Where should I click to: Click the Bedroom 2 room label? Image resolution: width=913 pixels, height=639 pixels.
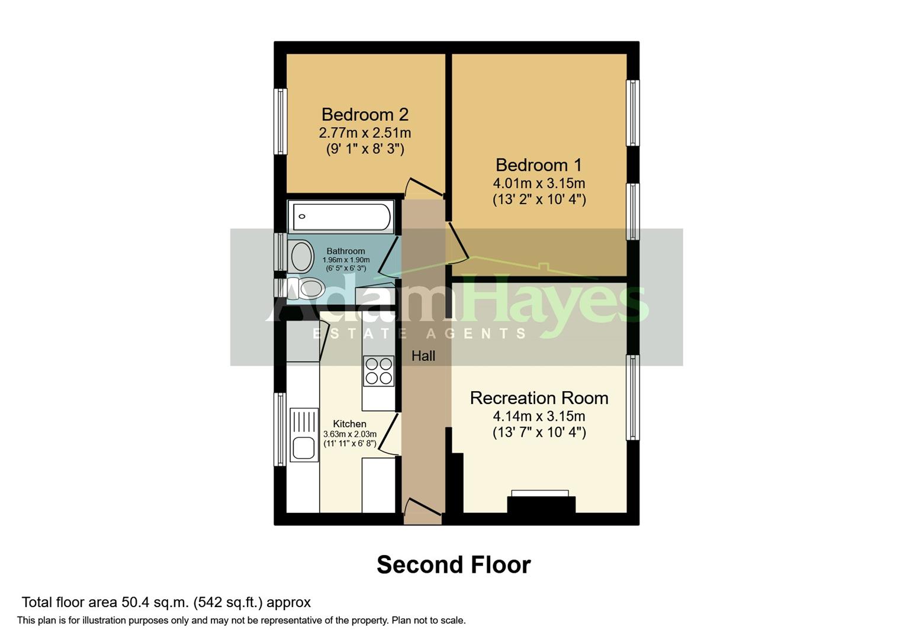click(x=365, y=114)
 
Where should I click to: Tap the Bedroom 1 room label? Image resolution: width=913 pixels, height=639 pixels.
click(x=539, y=164)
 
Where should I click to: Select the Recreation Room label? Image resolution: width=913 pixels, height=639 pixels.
click(x=539, y=398)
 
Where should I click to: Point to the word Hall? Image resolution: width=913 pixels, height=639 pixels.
click(x=423, y=356)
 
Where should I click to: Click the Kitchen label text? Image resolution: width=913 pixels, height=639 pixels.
click(x=349, y=424)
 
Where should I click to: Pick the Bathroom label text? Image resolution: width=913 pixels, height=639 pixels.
click(x=346, y=251)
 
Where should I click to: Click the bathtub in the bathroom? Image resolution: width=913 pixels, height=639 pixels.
click(x=340, y=217)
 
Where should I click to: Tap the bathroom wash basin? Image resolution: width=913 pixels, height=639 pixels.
click(x=301, y=256)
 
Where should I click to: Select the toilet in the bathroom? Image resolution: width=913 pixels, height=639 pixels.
click(x=307, y=289)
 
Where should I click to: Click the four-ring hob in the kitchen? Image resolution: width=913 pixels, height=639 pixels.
click(x=378, y=370)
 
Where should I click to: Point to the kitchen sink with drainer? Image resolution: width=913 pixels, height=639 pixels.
click(x=304, y=435)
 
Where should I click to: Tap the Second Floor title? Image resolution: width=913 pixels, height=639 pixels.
click(x=454, y=564)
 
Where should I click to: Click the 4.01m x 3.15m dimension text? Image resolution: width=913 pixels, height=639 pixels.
click(x=539, y=183)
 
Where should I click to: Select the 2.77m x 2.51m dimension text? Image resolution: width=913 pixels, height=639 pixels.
click(x=365, y=133)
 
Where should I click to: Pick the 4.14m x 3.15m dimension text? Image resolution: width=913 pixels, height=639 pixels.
click(x=539, y=416)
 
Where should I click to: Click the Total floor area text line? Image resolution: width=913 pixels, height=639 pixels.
click(x=166, y=602)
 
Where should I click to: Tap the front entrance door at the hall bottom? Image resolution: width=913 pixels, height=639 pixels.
click(x=423, y=512)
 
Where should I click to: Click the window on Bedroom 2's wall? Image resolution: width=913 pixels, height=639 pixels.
click(x=280, y=121)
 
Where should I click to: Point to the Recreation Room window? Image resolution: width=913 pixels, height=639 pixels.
click(x=632, y=397)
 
